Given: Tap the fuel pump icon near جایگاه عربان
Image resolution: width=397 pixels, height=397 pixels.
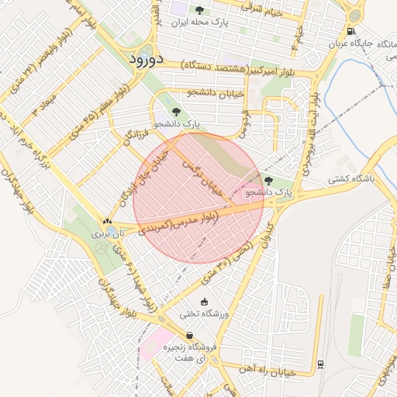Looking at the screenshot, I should (x=352, y=32).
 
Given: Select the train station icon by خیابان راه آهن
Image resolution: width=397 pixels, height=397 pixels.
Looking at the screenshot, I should (x=320, y=364).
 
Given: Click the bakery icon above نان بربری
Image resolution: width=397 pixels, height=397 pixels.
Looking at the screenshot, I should (x=107, y=222).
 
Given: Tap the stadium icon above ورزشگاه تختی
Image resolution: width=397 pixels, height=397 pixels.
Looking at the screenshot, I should (x=204, y=302).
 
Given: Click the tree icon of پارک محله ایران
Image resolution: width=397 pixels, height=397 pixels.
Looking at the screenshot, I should (x=200, y=10).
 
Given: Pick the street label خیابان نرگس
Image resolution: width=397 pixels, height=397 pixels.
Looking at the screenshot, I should (x=202, y=177).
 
